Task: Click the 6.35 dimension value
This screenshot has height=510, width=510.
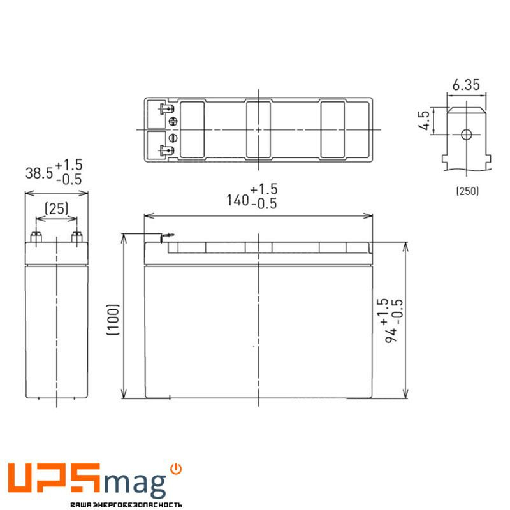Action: [x=465, y=84]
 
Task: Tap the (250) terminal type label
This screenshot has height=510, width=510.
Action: [x=467, y=191]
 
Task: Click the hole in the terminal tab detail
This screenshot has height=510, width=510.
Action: [x=466, y=135]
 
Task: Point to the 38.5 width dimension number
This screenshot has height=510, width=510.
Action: [x=38, y=172]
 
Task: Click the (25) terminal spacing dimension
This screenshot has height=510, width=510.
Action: [x=57, y=208]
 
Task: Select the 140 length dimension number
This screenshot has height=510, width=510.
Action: [x=237, y=201]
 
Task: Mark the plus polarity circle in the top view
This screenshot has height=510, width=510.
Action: [x=173, y=122]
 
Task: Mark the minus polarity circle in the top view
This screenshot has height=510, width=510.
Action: [x=173, y=138]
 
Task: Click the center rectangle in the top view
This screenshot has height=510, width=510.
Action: [x=258, y=129]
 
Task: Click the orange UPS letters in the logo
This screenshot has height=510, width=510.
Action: [x=54, y=480]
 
